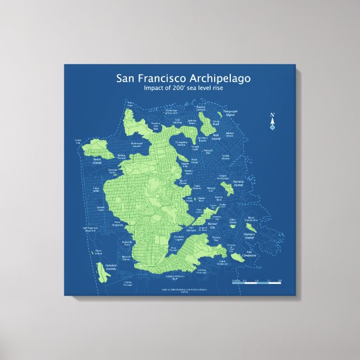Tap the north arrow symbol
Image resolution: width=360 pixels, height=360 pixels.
pyautogui.click(x=273, y=121)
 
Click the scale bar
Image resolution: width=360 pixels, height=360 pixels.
pyautogui.click(x=257, y=283)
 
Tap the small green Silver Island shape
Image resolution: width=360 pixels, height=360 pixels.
pyautogui.click(x=231, y=225)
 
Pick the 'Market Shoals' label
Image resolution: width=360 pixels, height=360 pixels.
pyautogui.click(x=229, y=134)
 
